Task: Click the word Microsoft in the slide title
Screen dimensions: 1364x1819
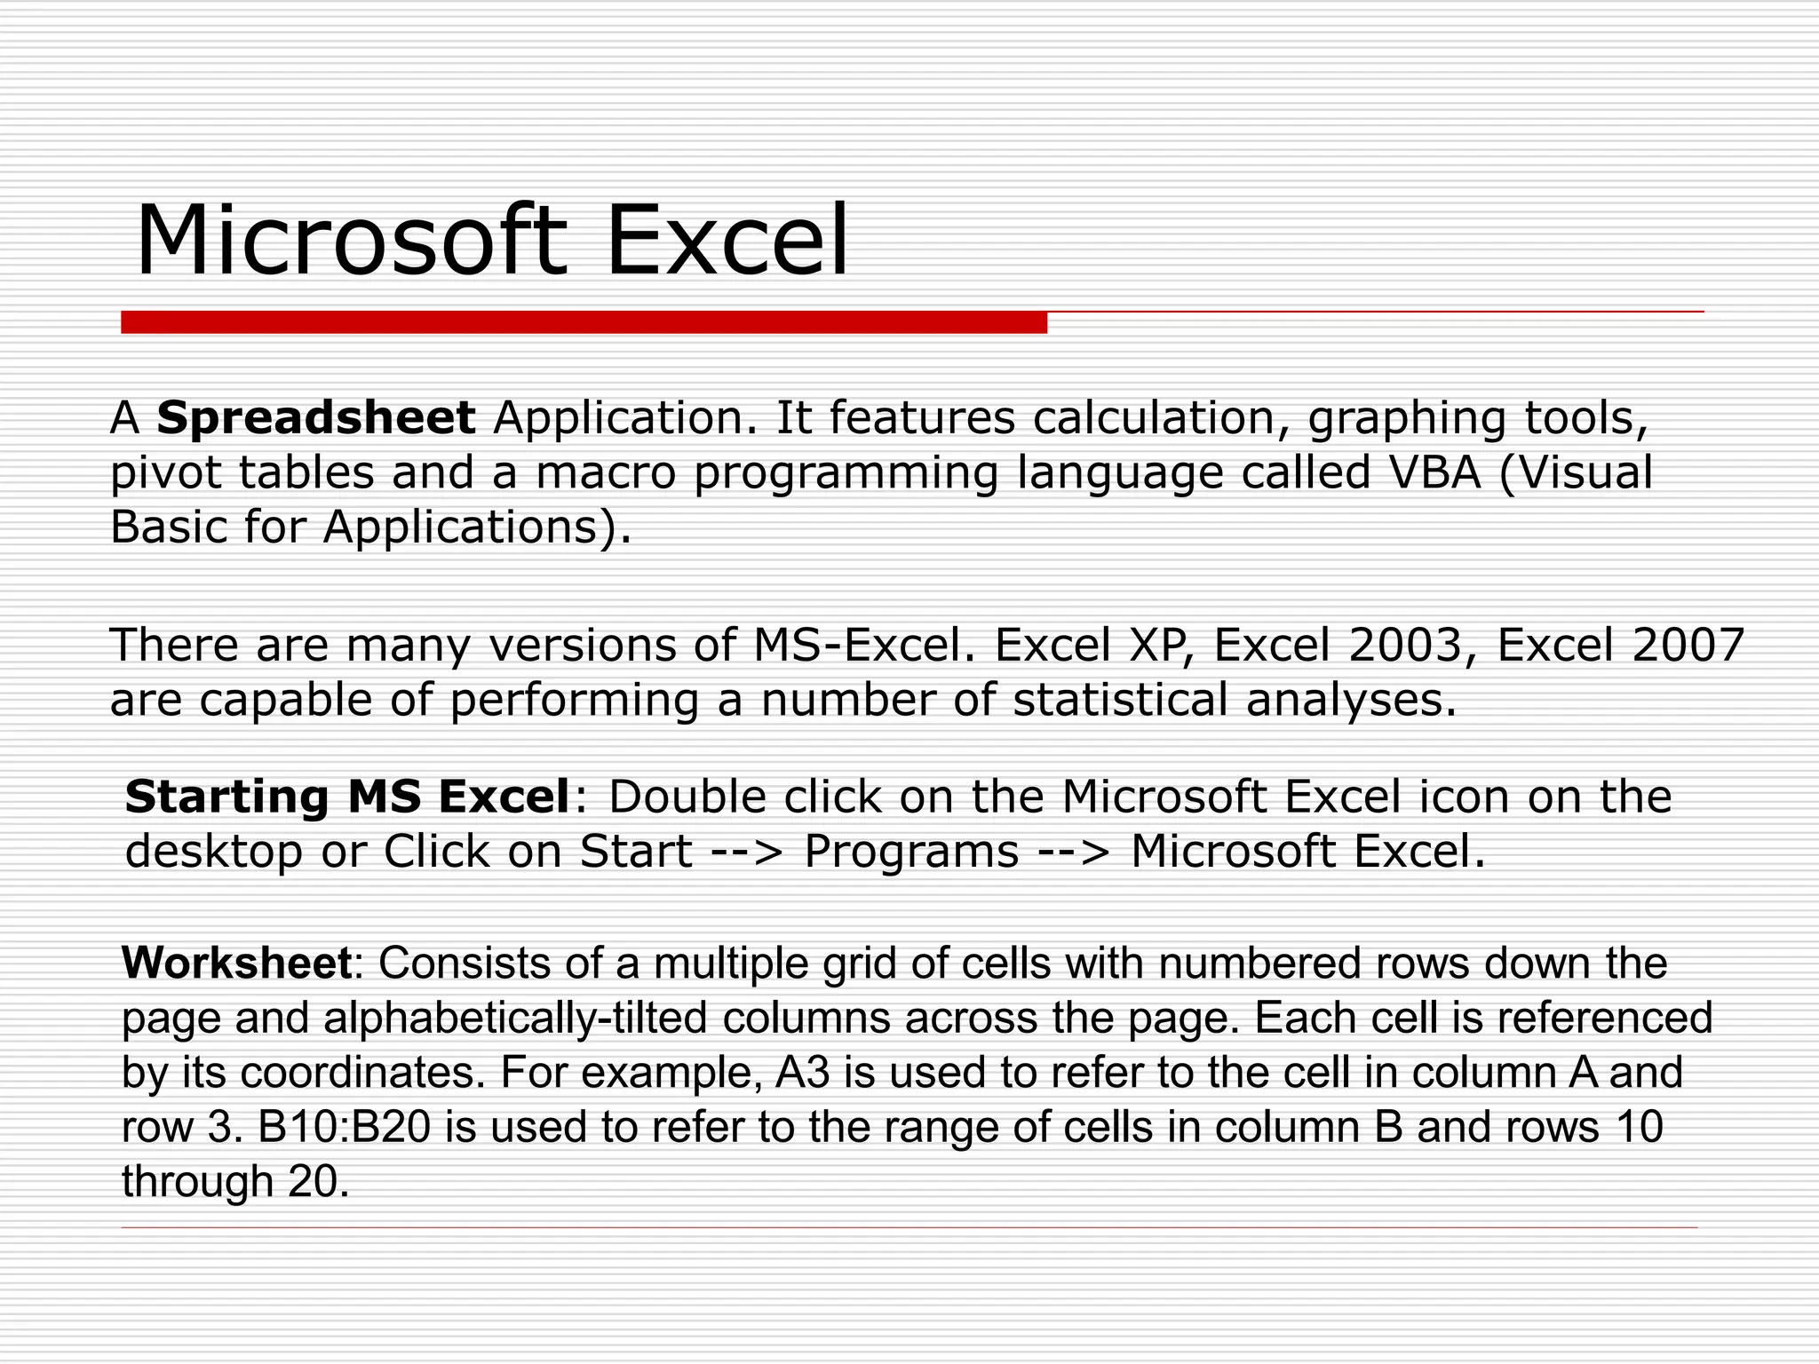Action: pos(350,242)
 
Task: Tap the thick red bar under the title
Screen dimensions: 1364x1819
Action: pos(584,322)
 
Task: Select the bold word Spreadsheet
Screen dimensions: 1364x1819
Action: pos(316,418)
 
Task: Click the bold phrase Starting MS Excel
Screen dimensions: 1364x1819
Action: pos(346,797)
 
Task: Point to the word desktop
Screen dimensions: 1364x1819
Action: pos(214,852)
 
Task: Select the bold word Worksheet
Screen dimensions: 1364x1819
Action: pos(237,963)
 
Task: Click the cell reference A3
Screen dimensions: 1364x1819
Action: pos(802,1073)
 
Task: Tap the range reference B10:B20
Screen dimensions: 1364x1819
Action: pos(345,1128)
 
